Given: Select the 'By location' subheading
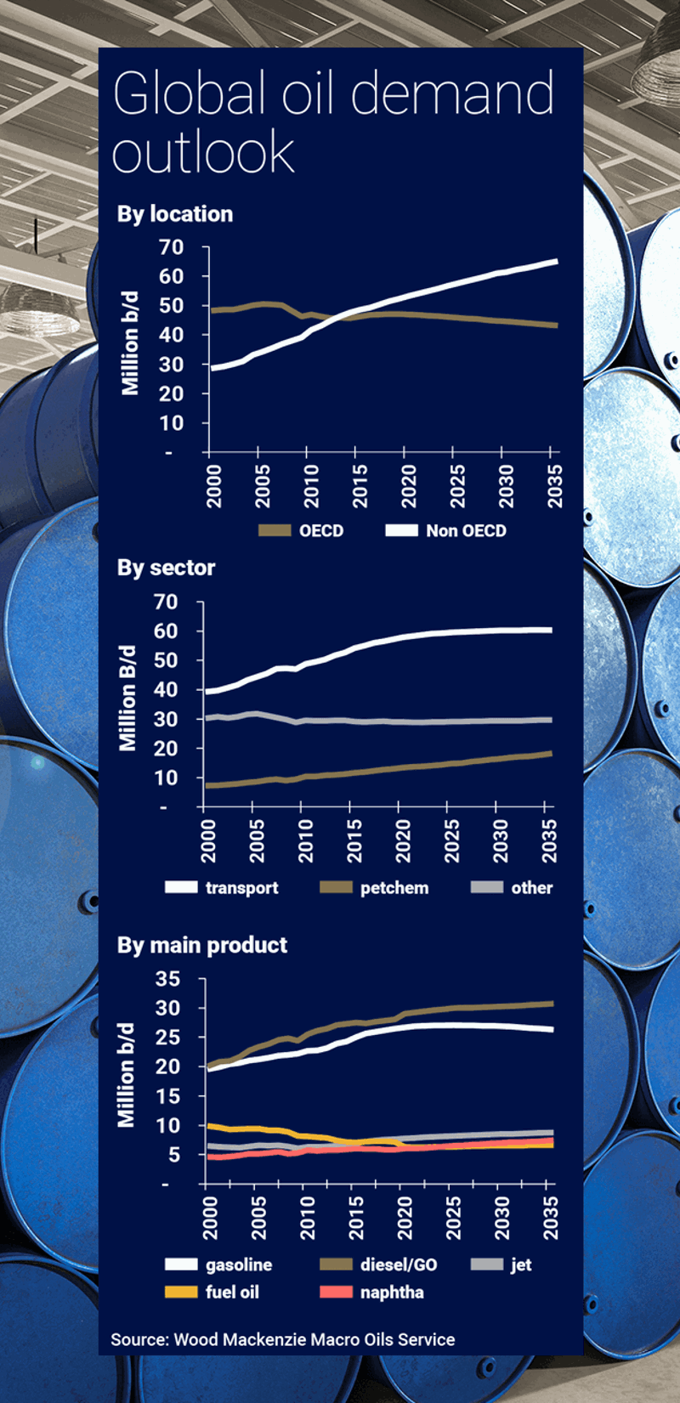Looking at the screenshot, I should tap(175, 214).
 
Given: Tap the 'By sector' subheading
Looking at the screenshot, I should tap(166, 568).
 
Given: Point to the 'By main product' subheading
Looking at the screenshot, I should tap(202, 945).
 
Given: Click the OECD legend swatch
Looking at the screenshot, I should tap(275, 531).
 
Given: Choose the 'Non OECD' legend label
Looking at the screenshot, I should tap(466, 531).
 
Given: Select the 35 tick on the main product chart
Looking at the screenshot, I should tap(167, 979).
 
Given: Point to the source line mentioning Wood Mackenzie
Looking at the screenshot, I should tap(282, 1340).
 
